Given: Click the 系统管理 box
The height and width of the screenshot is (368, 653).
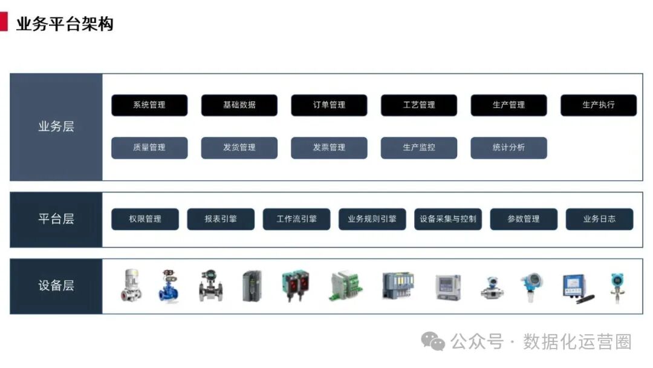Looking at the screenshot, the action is click(x=149, y=105).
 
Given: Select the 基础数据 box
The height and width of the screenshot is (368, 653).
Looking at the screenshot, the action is click(x=239, y=105).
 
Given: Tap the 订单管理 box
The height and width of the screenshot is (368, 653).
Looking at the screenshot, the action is click(x=329, y=105).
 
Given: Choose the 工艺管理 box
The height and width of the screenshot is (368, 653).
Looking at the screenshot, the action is click(x=419, y=105).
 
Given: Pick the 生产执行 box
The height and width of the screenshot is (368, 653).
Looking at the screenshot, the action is click(x=599, y=105).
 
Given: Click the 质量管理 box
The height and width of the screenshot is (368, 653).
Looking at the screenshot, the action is click(x=149, y=148).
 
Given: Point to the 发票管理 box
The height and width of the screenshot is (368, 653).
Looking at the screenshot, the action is click(x=329, y=148).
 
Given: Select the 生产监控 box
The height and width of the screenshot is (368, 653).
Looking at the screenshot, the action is click(x=419, y=148).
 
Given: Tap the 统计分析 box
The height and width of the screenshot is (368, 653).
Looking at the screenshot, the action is click(x=508, y=148).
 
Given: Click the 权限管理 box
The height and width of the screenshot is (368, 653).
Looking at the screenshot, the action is click(x=145, y=219).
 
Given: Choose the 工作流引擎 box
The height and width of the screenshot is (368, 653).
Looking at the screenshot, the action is click(x=296, y=219).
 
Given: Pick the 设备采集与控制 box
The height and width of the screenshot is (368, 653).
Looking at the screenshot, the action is click(x=448, y=219).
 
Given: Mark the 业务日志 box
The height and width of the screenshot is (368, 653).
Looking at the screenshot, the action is click(x=599, y=219).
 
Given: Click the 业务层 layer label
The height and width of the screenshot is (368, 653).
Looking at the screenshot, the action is click(x=56, y=127).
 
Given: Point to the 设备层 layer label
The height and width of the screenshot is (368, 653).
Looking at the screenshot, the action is click(x=56, y=286).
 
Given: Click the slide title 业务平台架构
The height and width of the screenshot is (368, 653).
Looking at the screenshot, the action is click(x=65, y=24).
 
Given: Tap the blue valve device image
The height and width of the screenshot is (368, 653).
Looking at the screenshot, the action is click(x=169, y=286).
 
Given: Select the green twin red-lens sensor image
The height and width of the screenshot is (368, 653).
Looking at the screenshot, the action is click(x=295, y=286).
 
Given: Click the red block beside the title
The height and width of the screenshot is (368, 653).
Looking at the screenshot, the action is click(x=4, y=23).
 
